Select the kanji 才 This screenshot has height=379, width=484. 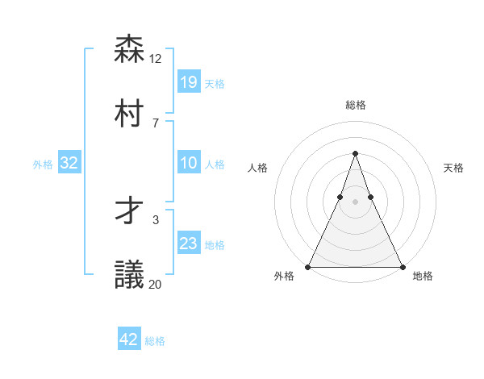[129, 211]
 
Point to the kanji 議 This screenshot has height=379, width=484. [129, 275]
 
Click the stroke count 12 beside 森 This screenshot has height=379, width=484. [156, 58]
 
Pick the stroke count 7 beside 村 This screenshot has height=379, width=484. [155, 123]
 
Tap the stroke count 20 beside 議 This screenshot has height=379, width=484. [156, 284]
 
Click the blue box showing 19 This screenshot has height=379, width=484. [189, 81]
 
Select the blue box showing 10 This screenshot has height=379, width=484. [189, 163]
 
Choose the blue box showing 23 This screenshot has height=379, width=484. [189, 244]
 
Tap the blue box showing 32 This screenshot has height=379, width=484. [69, 163]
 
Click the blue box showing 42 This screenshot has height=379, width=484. [129, 339]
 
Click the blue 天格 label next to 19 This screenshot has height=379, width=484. [215, 83]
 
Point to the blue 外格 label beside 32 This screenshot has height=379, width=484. [43, 165]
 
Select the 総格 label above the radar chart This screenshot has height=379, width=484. [356, 106]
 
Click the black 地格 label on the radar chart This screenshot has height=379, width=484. [423, 277]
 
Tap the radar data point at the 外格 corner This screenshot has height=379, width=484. [309, 267]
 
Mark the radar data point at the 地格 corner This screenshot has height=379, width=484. [402, 267]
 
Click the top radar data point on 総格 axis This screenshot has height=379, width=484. [355, 153]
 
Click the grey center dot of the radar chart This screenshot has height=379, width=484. [355, 202]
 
